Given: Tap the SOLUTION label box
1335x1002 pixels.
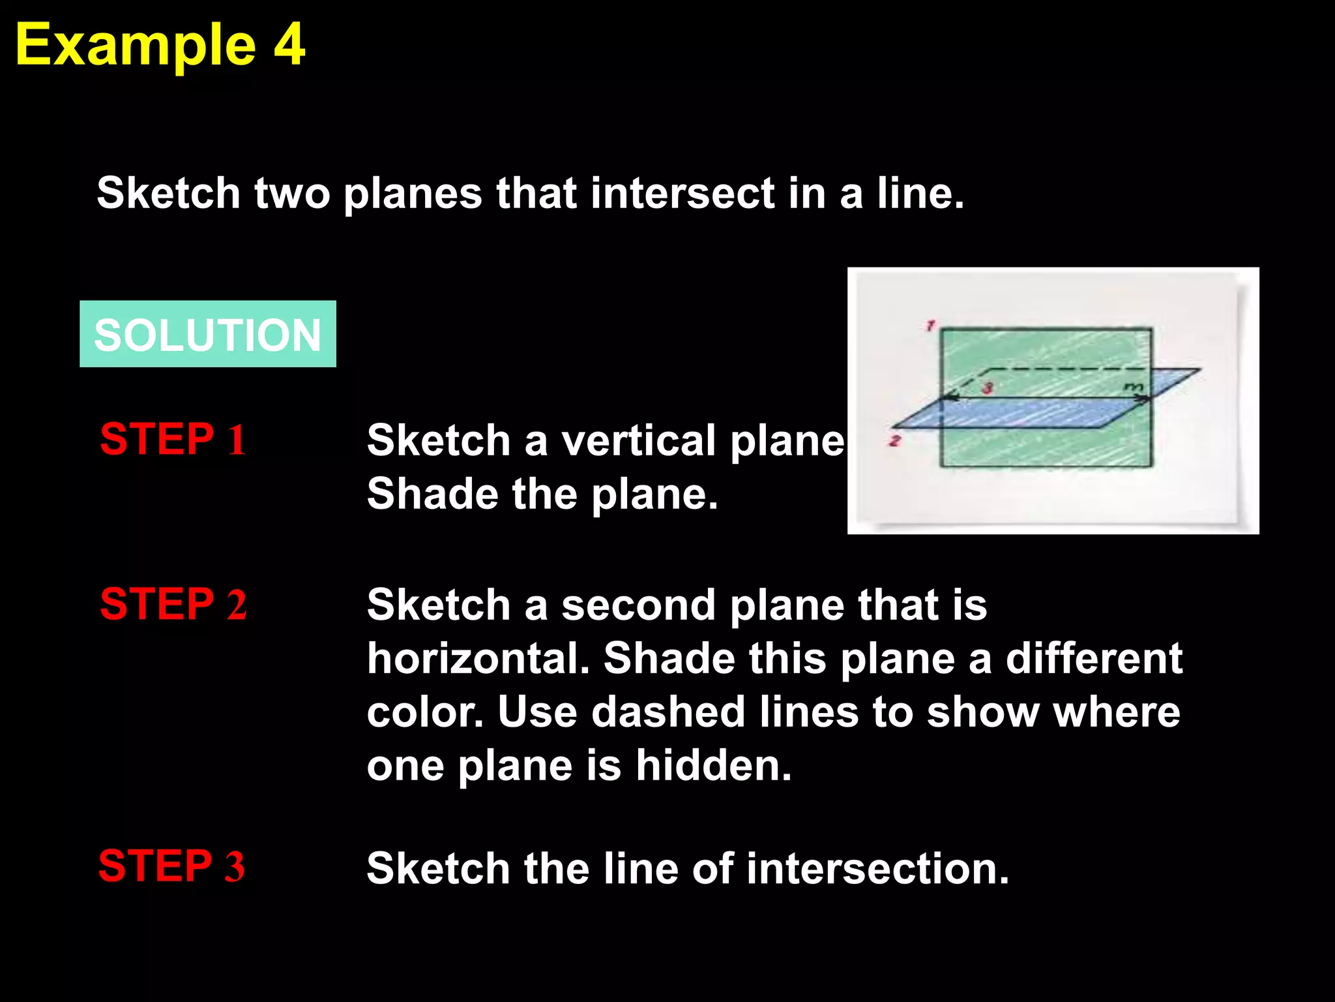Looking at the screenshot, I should coord(207,334).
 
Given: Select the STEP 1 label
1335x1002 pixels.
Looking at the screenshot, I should coord(173,439).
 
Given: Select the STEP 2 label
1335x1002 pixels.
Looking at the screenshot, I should coord(173,603).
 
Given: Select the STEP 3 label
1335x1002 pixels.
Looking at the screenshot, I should coord(171,866).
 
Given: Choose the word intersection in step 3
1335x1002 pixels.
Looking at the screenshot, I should coord(877,869).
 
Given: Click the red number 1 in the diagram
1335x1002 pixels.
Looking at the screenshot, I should coord(930,325).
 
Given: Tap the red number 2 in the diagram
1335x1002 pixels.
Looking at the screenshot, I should coord(895,441).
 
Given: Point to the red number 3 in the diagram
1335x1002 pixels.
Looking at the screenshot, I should coord(988,388).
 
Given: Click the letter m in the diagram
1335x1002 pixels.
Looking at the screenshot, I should coord(1134,388).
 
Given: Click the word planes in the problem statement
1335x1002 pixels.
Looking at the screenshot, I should coord(413,194).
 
